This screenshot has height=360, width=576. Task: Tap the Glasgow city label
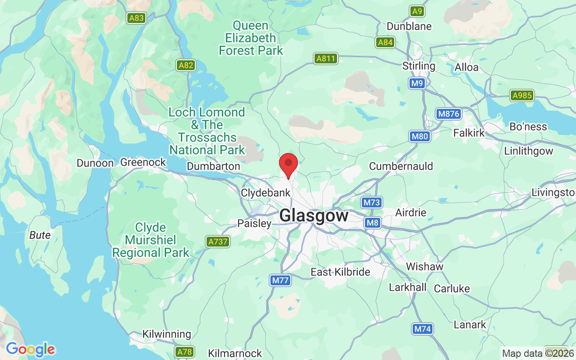tap(314, 216)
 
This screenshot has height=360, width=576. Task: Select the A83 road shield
tap(136, 18)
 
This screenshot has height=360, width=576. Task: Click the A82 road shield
tap(186, 65)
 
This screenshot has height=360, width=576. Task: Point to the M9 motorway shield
tap(417, 83)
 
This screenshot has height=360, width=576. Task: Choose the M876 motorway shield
tap(449, 114)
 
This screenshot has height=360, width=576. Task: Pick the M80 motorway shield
tap(420, 136)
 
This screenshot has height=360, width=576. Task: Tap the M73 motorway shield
tap(372, 202)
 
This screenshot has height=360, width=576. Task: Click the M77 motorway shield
tap(280, 280)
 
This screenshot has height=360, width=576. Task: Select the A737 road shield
tap(218, 242)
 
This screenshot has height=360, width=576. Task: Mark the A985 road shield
tap(522, 95)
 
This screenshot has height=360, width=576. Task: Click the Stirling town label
tap(419, 66)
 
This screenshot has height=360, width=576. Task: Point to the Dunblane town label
tap(409, 26)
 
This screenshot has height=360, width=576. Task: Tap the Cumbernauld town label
tap(401, 166)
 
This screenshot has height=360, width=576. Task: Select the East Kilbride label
tap(340, 272)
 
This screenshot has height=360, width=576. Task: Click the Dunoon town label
tap(95, 163)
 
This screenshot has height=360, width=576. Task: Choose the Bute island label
tap(40, 235)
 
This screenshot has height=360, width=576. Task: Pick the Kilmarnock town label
tap(235, 353)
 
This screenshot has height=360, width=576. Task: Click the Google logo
tap(30, 349)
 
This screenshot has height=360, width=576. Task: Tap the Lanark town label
tap(470, 324)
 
